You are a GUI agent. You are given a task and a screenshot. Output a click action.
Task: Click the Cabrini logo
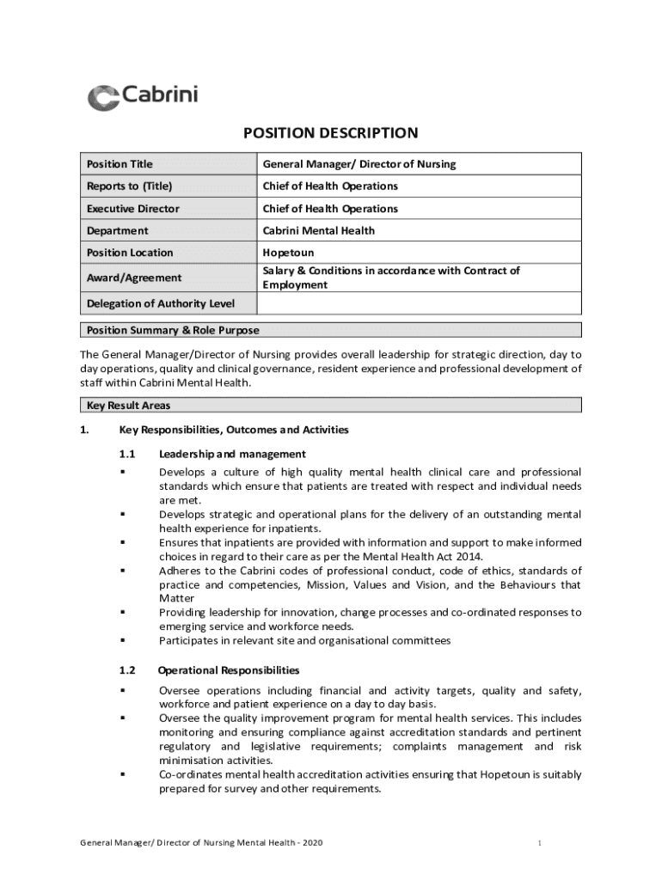tap(143, 96)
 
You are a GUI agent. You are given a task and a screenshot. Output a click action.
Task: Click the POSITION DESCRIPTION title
tap(330, 133)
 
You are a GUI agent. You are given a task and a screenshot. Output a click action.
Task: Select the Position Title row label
tap(120, 164)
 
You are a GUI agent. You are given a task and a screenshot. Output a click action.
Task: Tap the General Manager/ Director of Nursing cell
tap(359, 164)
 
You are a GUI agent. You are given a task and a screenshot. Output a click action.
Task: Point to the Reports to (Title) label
tap(129, 186)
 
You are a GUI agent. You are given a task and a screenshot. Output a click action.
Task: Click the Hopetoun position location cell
tap(288, 253)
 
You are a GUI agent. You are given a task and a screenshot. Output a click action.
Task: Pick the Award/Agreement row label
tap(133, 278)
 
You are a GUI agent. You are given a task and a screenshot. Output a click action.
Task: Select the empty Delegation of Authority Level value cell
tap(419, 303)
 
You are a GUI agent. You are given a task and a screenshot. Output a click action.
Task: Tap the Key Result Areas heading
tap(128, 406)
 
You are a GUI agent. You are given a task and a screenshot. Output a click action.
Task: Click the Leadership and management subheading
tap(232, 454)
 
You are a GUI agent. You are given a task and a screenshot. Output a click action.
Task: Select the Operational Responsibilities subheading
tap(229, 670)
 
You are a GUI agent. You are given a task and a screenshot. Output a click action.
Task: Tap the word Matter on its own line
tap(176, 598)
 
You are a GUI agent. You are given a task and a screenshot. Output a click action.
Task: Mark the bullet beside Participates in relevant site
tap(123, 640)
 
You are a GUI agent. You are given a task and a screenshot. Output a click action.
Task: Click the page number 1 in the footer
tap(538, 843)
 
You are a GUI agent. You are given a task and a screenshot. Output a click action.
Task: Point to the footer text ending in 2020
tap(201, 843)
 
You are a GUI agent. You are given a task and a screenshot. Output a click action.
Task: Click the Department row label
tap(117, 230)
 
